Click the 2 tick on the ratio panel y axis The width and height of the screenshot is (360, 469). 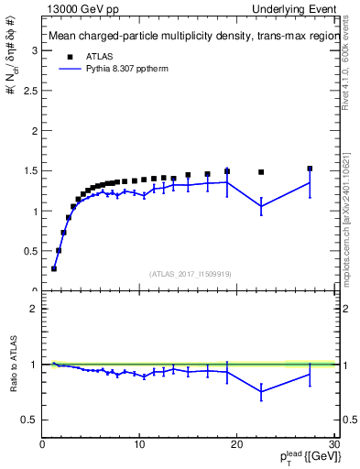pyautogui.click(x=35, y=309)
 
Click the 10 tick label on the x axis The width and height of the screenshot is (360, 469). pyautogui.click(x=139, y=446)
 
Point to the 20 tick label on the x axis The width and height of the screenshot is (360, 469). pyautogui.click(x=236, y=446)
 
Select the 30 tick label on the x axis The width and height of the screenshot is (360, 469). pyautogui.click(x=333, y=446)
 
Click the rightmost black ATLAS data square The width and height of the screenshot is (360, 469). pyautogui.click(x=310, y=169)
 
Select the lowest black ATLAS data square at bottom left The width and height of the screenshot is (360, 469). pyautogui.click(x=54, y=268)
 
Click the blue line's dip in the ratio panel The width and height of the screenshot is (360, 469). pyautogui.click(x=261, y=391)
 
